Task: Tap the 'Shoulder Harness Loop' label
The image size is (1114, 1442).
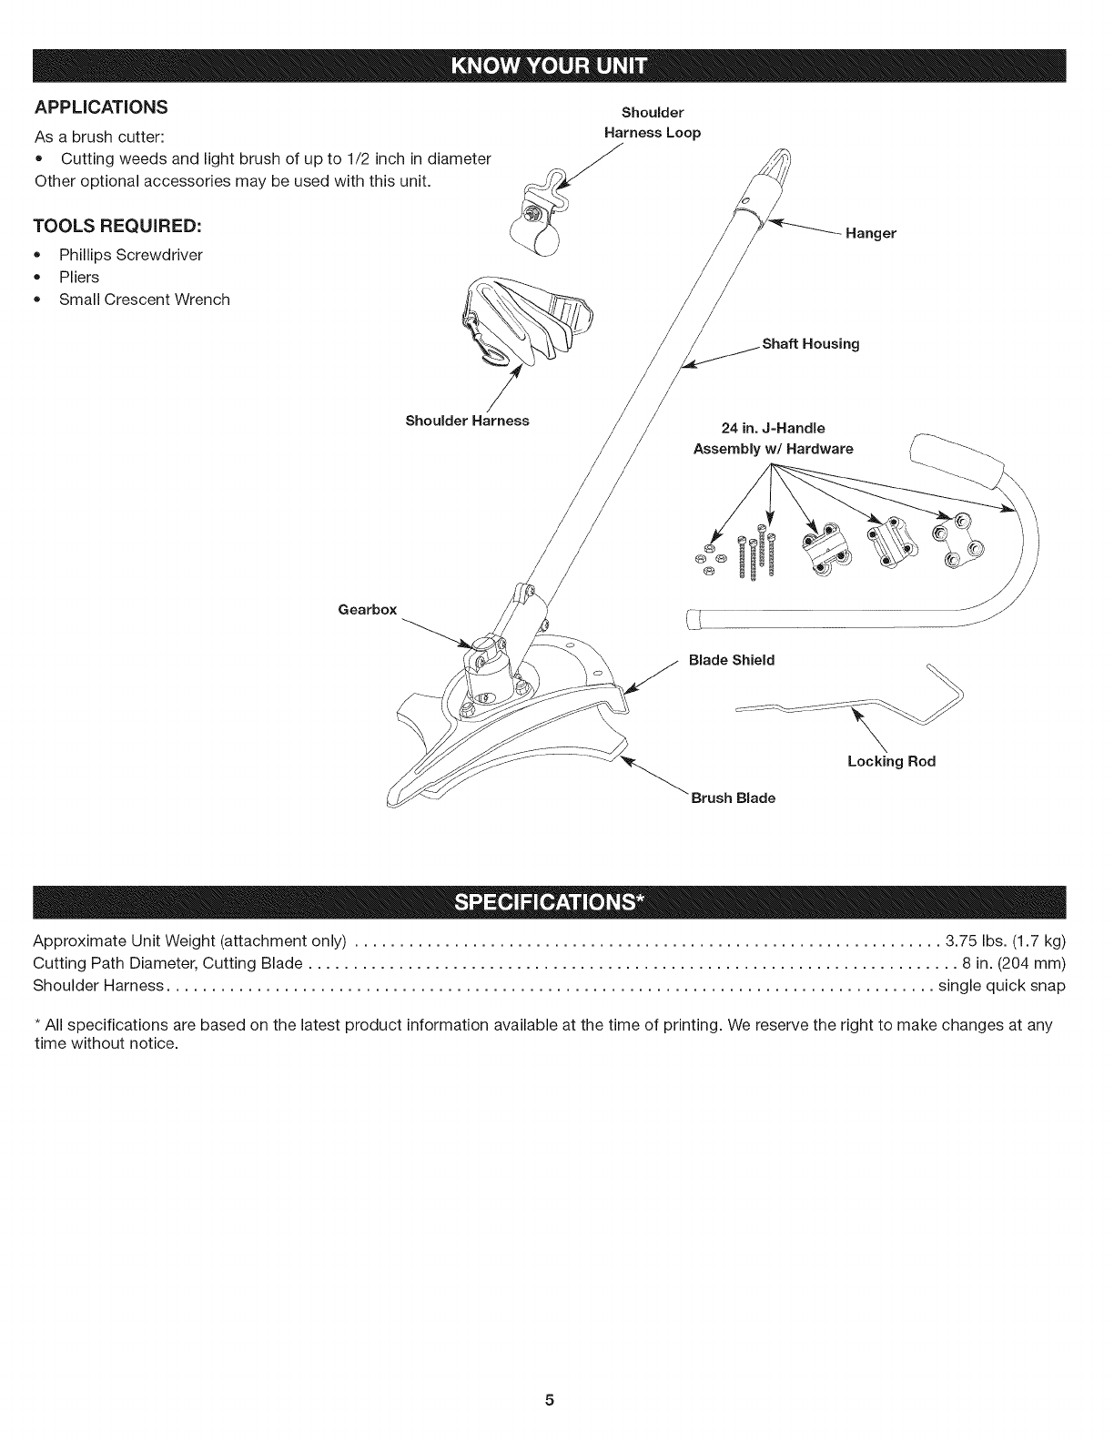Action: pos(653,123)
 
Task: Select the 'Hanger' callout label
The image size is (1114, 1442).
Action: pos(870,234)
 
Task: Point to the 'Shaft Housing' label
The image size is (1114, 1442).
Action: pos(810,344)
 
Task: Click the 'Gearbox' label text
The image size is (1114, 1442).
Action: pos(367,609)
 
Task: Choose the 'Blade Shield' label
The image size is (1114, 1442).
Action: pos(732,660)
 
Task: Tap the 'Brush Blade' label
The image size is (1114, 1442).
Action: pos(733,798)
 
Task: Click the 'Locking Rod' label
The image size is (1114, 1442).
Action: pos(891,761)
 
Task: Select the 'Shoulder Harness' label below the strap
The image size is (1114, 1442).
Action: pos(467,421)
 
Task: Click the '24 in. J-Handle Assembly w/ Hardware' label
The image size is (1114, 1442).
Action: pos(773,438)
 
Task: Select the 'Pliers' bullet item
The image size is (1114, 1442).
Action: pos(79,277)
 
